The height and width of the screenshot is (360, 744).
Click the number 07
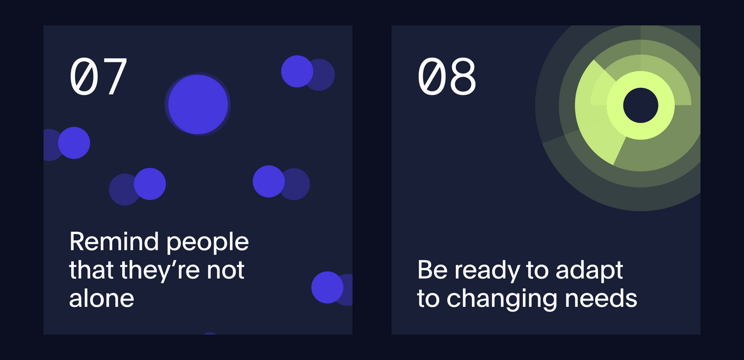point(98,77)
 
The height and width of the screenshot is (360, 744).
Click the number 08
point(447,77)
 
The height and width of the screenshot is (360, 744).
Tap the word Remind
point(114,241)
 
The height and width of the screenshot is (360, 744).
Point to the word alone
point(102,298)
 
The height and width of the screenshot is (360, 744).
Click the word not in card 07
point(225,271)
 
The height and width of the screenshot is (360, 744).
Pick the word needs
point(601,298)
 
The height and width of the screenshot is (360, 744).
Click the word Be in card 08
point(432,270)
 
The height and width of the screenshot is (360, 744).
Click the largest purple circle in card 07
point(198,104)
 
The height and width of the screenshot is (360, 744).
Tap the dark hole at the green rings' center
point(641,105)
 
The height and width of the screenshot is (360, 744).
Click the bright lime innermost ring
point(641,80)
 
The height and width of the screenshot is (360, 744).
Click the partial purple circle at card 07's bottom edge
point(210,333)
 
